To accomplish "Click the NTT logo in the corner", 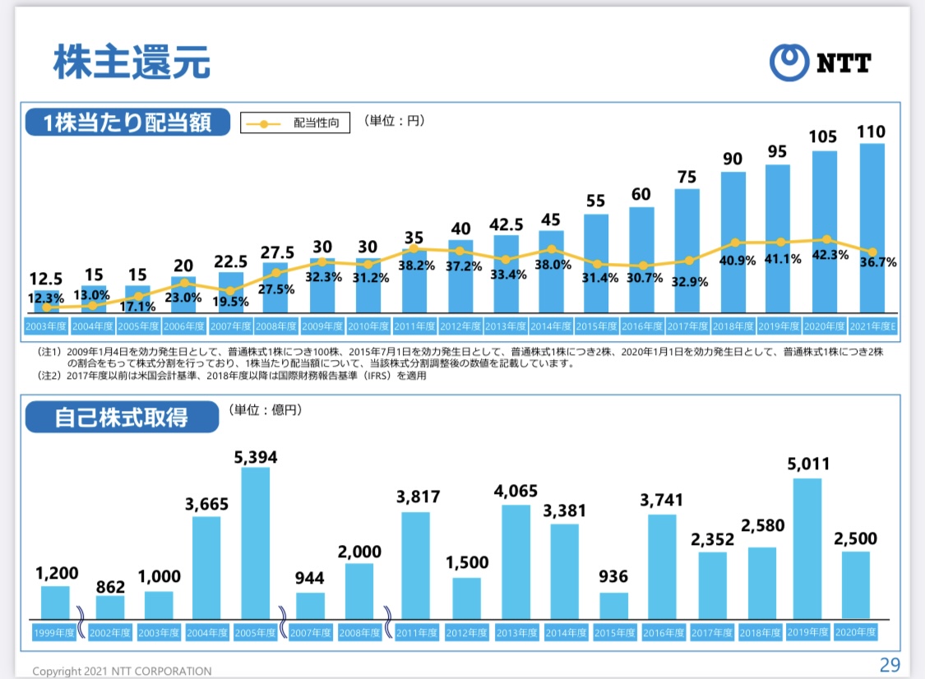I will (820, 62).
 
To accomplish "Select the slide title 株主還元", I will (132, 62).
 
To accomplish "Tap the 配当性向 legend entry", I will (295, 123).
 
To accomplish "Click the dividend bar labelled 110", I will (872, 229).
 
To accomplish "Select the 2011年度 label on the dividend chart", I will (414, 326).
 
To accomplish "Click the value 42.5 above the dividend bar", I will (506, 224).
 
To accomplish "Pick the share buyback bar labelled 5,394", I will (255, 543).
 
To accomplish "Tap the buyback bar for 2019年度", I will (807, 548).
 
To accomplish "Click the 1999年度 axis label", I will (55, 632).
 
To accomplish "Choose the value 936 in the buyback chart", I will (613, 578).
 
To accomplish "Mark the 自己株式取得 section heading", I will (122, 417).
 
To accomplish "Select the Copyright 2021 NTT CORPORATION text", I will (122, 671).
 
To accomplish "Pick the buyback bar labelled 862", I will (110, 607).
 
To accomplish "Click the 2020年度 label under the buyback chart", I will (855, 632).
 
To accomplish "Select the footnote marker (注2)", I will (49, 376).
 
